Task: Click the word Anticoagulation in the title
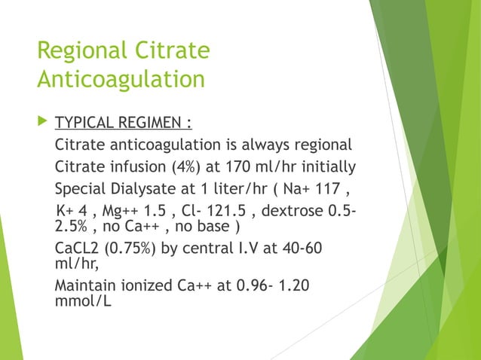point(121,79)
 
